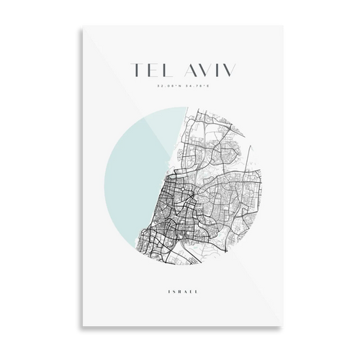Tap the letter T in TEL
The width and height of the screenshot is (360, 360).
[x=133, y=69]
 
